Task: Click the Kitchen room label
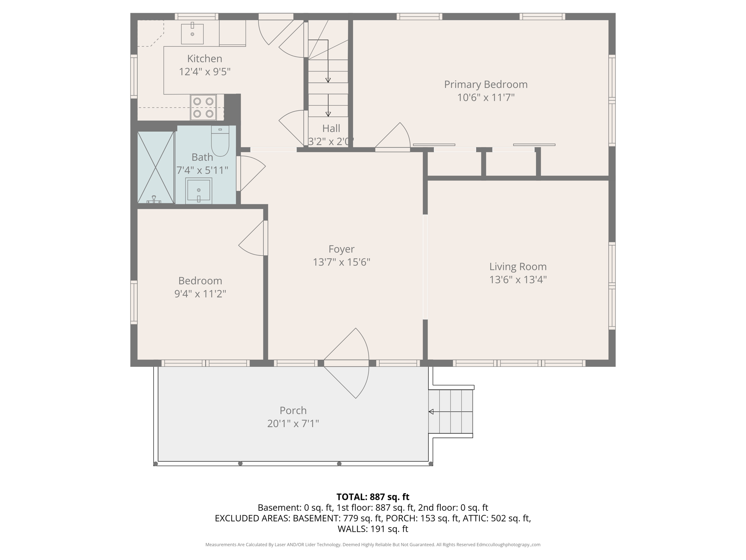204,59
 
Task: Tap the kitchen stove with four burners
203,108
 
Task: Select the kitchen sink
192,34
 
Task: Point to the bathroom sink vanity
199,190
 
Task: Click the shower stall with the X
156,167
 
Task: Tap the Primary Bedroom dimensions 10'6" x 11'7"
486,98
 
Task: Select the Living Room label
518,267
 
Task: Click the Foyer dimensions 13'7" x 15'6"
341,262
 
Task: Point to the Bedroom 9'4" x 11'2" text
200,293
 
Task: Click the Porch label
293,411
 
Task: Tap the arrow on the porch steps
431,412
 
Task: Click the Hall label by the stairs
331,128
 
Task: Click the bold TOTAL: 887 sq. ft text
373,497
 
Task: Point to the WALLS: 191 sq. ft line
373,529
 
